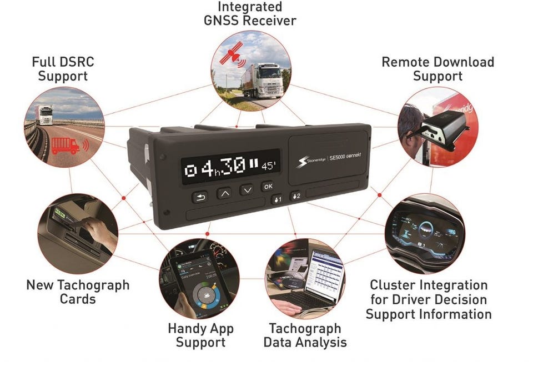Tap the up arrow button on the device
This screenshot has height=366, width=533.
point(224,193)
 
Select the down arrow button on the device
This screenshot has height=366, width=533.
point(247,190)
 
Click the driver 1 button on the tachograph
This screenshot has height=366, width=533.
point(276,199)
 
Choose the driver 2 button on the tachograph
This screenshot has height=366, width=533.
point(296,195)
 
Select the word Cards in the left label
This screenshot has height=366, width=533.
point(77,299)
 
